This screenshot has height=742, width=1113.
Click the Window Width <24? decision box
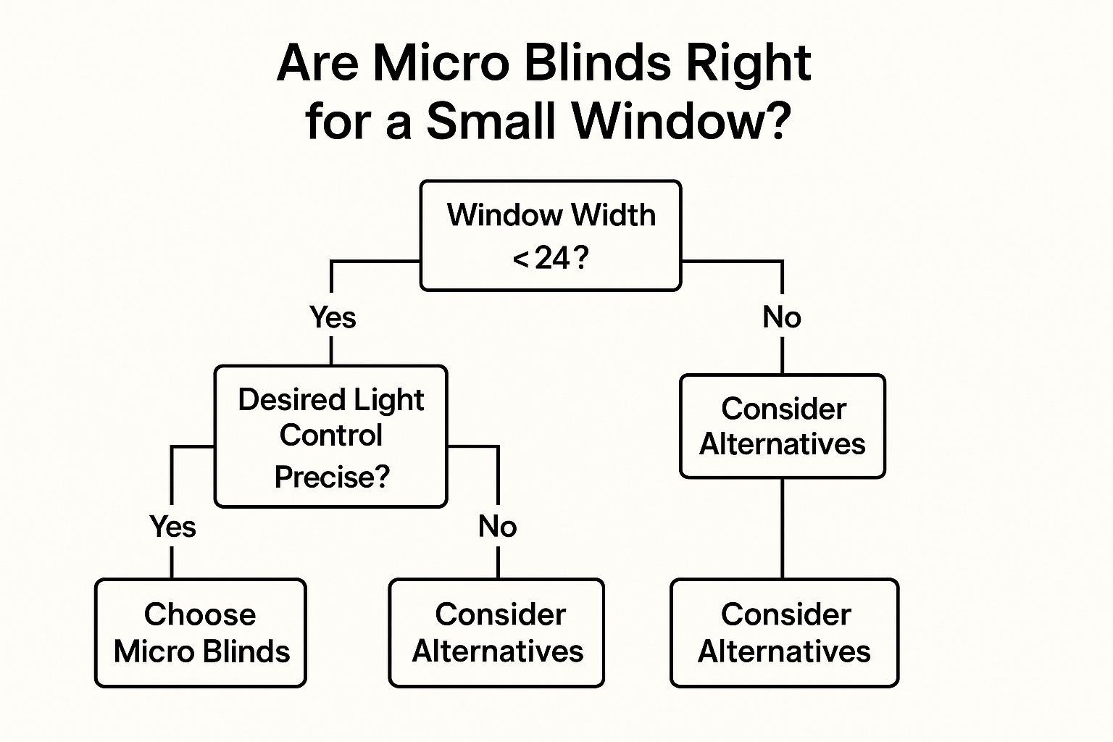[x=551, y=235]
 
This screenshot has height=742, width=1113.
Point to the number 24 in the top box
[x=551, y=259]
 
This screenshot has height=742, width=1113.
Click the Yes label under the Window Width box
[x=333, y=317]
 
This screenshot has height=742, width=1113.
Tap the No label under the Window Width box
[x=782, y=317]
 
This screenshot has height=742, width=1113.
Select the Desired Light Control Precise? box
[x=331, y=436]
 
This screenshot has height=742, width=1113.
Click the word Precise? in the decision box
[x=332, y=477]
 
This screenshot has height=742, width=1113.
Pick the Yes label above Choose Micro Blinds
[x=172, y=526]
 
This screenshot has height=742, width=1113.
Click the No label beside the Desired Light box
[x=497, y=526]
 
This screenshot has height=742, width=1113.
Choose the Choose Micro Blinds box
[x=201, y=633]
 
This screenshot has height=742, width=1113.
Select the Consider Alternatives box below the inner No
[x=496, y=633]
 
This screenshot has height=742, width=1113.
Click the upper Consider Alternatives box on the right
[x=783, y=426]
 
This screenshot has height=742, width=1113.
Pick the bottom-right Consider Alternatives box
[x=785, y=633]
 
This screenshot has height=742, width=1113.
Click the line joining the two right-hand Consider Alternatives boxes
[x=783, y=528]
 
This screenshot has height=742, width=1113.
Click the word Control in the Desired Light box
[x=331, y=435]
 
